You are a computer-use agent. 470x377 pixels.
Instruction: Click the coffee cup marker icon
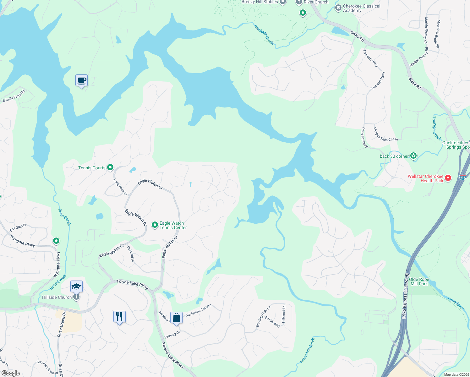(x=82, y=81)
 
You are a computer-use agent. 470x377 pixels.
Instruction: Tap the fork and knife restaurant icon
(x=119, y=316)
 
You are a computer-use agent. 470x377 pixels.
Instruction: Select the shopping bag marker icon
(x=176, y=318)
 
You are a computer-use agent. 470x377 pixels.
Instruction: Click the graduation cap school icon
(x=76, y=287)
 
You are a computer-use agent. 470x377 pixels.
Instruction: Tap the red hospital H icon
(x=448, y=178)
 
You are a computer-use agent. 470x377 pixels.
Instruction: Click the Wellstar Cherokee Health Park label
(x=425, y=178)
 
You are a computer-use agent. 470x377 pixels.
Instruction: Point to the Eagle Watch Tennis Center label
(x=173, y=225)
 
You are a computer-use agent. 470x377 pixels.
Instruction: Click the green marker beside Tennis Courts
(x=110, y=167)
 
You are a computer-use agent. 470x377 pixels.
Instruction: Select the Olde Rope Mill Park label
(x=419, y=281)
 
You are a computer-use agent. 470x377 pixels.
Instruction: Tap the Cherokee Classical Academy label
(x=361, y=8)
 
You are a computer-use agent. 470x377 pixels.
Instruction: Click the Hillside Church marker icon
(x=76, y=297)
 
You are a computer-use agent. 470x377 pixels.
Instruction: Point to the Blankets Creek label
(x=264, y=34)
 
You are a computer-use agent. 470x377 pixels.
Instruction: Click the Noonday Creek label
(x=307, y=351)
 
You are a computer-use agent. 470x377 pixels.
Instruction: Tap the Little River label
(x=456, y=304)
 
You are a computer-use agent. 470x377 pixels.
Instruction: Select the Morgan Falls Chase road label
(x=385, y=135)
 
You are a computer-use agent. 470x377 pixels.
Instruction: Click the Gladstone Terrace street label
(x=198, y=310)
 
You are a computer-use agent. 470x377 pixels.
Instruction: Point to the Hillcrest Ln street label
(x=284, y=314)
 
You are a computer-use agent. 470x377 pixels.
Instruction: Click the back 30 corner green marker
(x=413, y=156)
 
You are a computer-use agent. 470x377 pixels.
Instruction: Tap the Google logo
(x=11, y=373)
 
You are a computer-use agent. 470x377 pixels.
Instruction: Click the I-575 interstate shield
(x=462, y=177)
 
